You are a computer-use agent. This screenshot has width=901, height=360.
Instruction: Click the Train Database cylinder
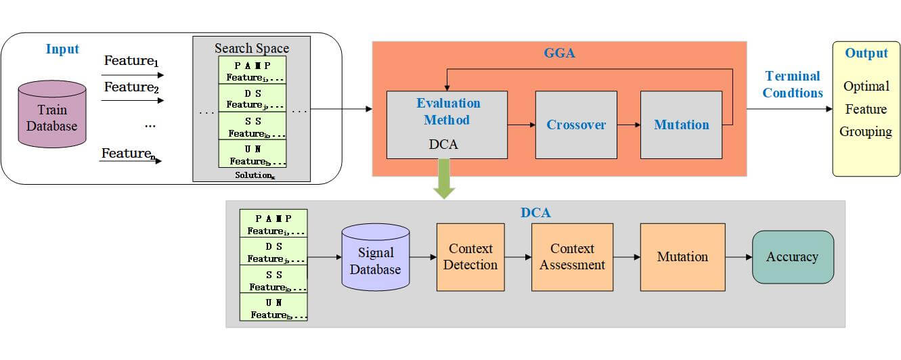[x=52, y=115]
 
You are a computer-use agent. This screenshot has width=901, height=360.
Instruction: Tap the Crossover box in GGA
[x=576, y=125]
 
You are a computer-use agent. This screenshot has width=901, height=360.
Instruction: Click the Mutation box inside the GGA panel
[x=681, y=125]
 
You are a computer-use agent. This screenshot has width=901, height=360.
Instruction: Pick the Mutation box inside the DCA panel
[x=682, y=257]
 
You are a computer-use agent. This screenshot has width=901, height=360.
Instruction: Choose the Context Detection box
[x=470, y=257]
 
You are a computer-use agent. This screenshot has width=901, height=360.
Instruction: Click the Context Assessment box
[x=572, y=257]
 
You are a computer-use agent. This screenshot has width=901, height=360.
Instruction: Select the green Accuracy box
[x=792, y=257]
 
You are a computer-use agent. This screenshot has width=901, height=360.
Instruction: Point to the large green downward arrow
[x=444, y=179]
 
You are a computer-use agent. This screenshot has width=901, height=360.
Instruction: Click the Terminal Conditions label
[x=792, y=85]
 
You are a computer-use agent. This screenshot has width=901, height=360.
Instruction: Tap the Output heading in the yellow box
[x=866, y=53]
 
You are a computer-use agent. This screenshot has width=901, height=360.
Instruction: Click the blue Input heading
[x=62, y=49]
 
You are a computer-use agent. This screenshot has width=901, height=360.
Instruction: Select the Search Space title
[x=252, y=48]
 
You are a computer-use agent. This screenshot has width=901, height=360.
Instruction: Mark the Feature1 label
[x=129, y=61]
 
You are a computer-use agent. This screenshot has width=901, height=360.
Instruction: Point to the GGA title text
[x=559, y=53]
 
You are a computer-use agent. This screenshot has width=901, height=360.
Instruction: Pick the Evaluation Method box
[x=447, y=125]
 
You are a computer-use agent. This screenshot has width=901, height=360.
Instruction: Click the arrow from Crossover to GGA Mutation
[x=628, y=125]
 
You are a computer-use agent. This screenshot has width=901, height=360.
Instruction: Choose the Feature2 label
[x=129, y=87]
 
